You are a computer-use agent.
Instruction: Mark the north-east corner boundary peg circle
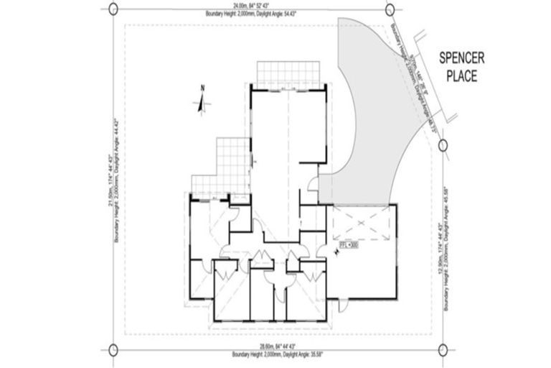pos(390,10)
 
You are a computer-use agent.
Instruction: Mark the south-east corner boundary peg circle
pos(441,350)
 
